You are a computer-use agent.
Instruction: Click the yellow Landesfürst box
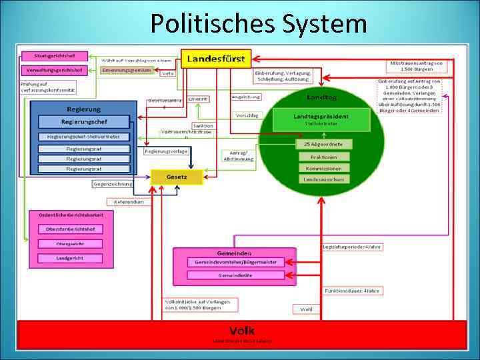pyautogui.click(x=216, y=59)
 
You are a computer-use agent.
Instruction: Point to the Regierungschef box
pyautogui.click(x=83, y=122)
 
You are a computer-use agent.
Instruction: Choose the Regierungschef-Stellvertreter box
pyautogui.click(x=83, y=137)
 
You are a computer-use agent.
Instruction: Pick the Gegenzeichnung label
pyautogui.click(x=113, y=183)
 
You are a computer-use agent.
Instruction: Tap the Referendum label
pyautogui.click(x=129, y=201)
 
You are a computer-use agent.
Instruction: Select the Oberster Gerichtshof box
pyautogui.click(x=69, y=230)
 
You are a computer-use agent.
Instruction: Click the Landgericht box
pyautogui.click(x=69, y=258)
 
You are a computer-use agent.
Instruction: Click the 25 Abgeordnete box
pyautogui.click(x=324, y=144)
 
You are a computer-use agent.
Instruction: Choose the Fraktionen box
pyautogui.click(x=324, y=157)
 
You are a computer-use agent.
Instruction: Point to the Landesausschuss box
pyautogui.click(x=324, y=179)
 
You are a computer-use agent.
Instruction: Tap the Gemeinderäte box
pyautogui.click(x=235, y=275)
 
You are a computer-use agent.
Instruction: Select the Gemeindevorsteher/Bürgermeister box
pyautogui.click(x=235, y=263)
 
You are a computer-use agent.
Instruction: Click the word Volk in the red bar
pyautogui.click(x=241, y=331)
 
